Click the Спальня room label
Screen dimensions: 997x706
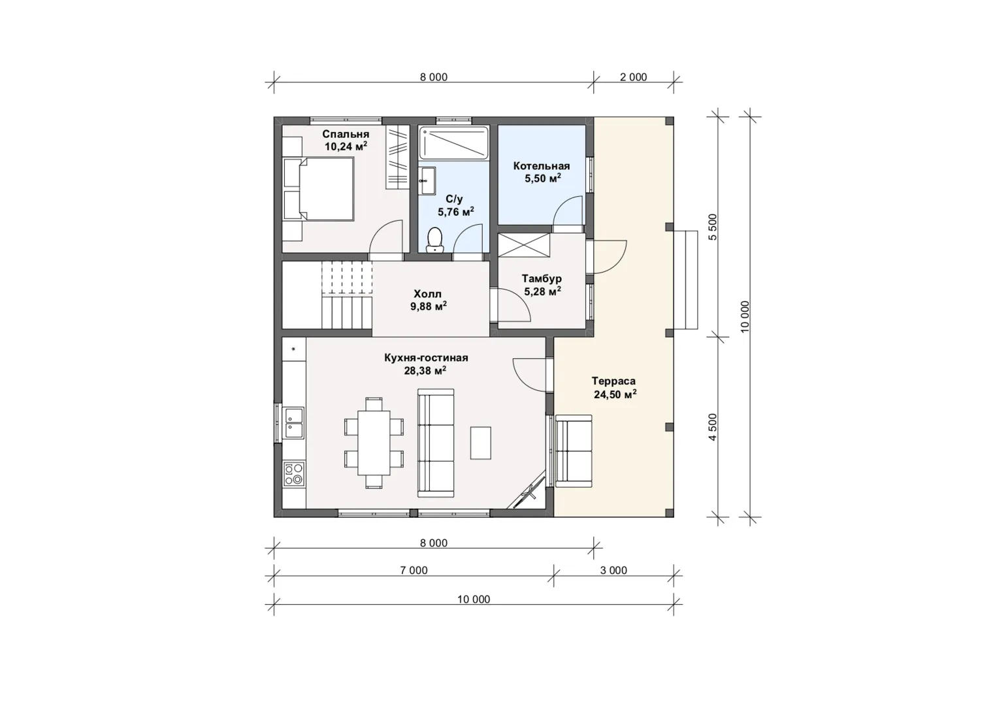[346, 134]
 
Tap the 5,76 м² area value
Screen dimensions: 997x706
[456, 212]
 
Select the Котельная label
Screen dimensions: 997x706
[542, 166]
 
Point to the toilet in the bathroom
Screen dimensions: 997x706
[434, 241]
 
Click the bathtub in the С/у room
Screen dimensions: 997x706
[454, 143]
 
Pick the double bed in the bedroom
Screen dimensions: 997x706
[319, 189]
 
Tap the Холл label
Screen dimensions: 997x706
[428, 294]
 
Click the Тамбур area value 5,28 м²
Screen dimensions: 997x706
[542, 292]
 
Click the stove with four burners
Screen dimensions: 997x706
[294, 474]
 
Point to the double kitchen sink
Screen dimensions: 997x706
[294, 422]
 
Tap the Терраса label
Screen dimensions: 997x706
[613, 381]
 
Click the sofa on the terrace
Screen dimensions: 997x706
[574, 451]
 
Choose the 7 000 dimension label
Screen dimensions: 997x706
[414, 570]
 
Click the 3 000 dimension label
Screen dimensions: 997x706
[613, 570]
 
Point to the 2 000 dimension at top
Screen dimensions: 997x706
[633, 77]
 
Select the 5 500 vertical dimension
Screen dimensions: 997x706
[713, 227]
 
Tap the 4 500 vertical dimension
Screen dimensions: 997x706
[713, 427]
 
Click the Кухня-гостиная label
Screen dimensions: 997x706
[427, 358]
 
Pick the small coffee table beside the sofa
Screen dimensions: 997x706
[481, 443]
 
